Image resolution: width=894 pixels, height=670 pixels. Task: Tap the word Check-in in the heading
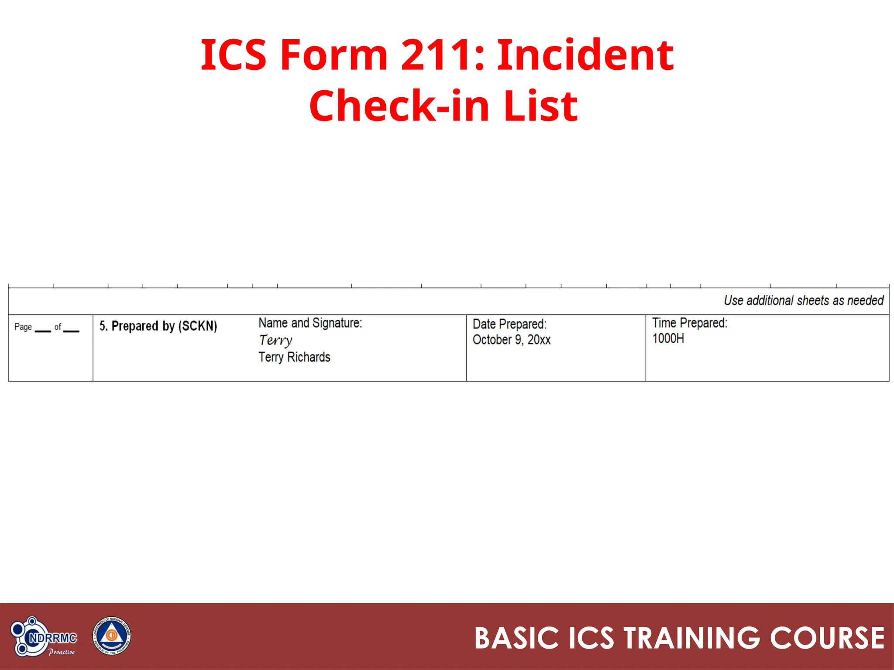click(x=398, y=106)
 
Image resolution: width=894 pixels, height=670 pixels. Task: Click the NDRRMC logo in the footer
click(x=44, y=637)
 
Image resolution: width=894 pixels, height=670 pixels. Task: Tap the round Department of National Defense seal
click(x=112, y=636)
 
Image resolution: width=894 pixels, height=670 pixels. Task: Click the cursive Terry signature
click(x=275, y=340)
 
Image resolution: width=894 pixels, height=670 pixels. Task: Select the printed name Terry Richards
click(x=294, y=357)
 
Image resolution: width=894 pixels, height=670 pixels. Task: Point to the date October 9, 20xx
click(x=511, y=340)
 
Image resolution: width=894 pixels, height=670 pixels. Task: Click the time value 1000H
click(x=668, y=338)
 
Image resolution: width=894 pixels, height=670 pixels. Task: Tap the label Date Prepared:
click(x=509, y=324)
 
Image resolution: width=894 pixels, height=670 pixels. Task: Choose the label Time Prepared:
click(x=690, y=323)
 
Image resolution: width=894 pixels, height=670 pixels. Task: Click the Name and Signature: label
click(x=310, y=323)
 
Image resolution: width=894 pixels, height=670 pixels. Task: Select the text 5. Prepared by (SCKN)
click(x=158, y=326)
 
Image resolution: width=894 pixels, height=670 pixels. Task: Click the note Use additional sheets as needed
click(x=803, y=301)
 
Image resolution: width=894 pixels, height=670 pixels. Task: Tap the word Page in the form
click(x=23, y=327)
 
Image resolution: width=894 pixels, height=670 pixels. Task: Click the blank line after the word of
click(x=71, y=330)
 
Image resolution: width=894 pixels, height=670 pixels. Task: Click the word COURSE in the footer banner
click(x=827, y=638)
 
